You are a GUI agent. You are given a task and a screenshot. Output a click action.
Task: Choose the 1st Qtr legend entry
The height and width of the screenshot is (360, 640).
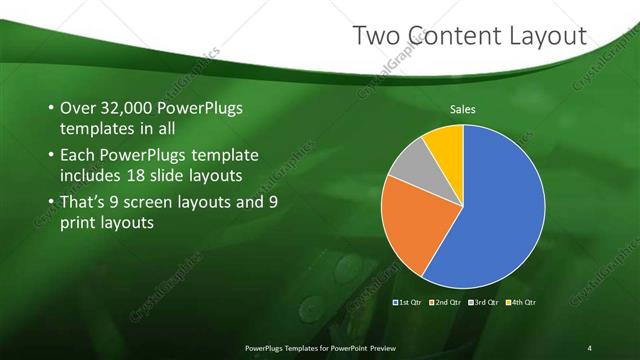[409, 301]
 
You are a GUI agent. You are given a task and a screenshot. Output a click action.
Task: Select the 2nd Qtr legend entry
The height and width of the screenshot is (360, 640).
[445, 301]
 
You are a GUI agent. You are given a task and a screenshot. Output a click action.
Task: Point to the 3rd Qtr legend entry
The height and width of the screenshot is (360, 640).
[483, 301]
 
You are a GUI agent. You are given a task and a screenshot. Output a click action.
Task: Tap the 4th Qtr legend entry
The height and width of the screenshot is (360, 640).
[521, 301]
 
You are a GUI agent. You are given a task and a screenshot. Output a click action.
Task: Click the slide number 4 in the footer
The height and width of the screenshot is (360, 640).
[589, 347]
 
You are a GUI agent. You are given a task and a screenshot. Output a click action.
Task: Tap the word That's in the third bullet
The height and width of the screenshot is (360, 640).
[86, 203]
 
